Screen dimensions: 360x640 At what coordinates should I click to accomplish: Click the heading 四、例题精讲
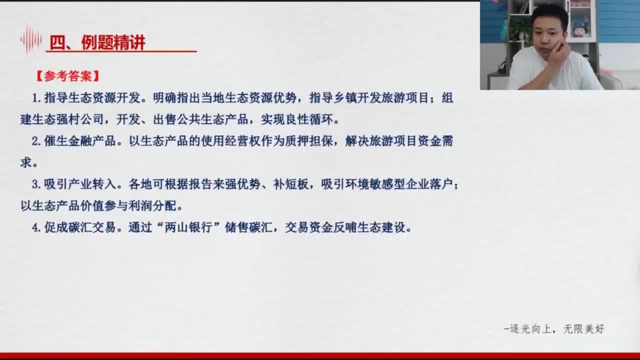point(97,42)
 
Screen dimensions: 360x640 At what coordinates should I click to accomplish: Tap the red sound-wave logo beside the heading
point(31,39)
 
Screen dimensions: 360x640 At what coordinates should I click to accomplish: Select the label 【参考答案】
point(67,76)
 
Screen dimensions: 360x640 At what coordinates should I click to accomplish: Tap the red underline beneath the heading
point(121,51)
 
